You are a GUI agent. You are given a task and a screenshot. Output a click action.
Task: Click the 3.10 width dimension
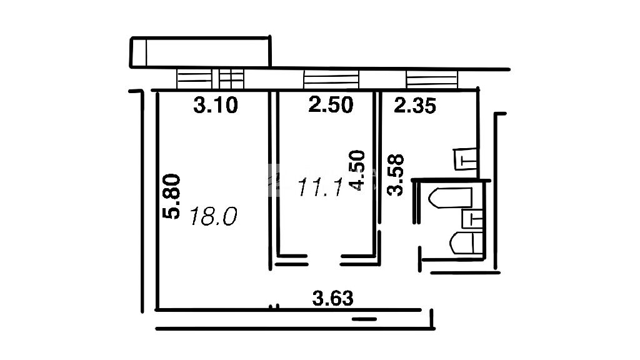point(215,105)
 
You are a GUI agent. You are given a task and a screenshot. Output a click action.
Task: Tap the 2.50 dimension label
point(331,105)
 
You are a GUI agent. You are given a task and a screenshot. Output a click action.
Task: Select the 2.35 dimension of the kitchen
point(415,106)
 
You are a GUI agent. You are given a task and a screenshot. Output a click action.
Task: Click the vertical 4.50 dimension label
point(357,170)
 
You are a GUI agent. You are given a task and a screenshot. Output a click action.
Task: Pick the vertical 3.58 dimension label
point(396,175)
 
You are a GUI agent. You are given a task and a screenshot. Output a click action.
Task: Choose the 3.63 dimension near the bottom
point(332,298)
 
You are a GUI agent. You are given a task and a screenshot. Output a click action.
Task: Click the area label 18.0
point(214,216)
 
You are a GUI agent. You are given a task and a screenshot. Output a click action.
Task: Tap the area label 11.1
point(321,187)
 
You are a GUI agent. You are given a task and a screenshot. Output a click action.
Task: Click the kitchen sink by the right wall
point(465,159)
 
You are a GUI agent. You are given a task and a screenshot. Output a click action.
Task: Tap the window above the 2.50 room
point(331,79)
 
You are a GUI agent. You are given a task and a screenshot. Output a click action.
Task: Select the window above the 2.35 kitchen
point(432,79)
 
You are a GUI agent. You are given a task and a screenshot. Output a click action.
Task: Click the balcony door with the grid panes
point(231,79)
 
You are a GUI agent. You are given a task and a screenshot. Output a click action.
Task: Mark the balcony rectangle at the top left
point(201,52)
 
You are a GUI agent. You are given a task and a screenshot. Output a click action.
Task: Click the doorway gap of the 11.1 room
point(324,260)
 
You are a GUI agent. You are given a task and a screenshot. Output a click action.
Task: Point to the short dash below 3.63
point(364,319)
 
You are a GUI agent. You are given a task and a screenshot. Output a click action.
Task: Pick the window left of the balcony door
point(194,79)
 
